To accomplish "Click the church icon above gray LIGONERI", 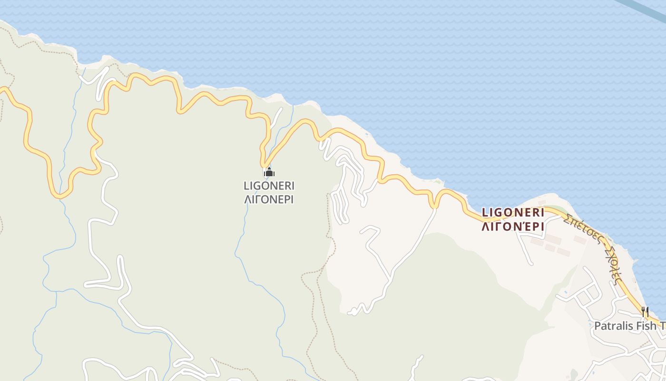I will pyautogui.click(x=269, y=172).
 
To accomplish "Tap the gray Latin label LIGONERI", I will pyautogui.click(x=269, y=185).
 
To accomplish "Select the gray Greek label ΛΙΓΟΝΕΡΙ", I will pyautogui.click(x=269, y=199).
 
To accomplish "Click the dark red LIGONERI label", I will pyautogui.click(x=513, y=212).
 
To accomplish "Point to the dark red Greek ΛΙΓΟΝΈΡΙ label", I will pyautogui.click(x=513, y=226).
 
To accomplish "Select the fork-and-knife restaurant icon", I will pyautogui.click(x=645, y=312).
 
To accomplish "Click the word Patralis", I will pyautogui.click(x=613, y=326).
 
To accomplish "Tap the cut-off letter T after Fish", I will pyautogui.click(x=662, y=326).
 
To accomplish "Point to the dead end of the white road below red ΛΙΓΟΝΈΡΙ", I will pyautogui.click(x=531, y=263).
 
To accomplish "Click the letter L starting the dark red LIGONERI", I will pyautogui.click(x=485, y=212).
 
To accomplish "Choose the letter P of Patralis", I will pyautogui.click(x=598, y=326).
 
